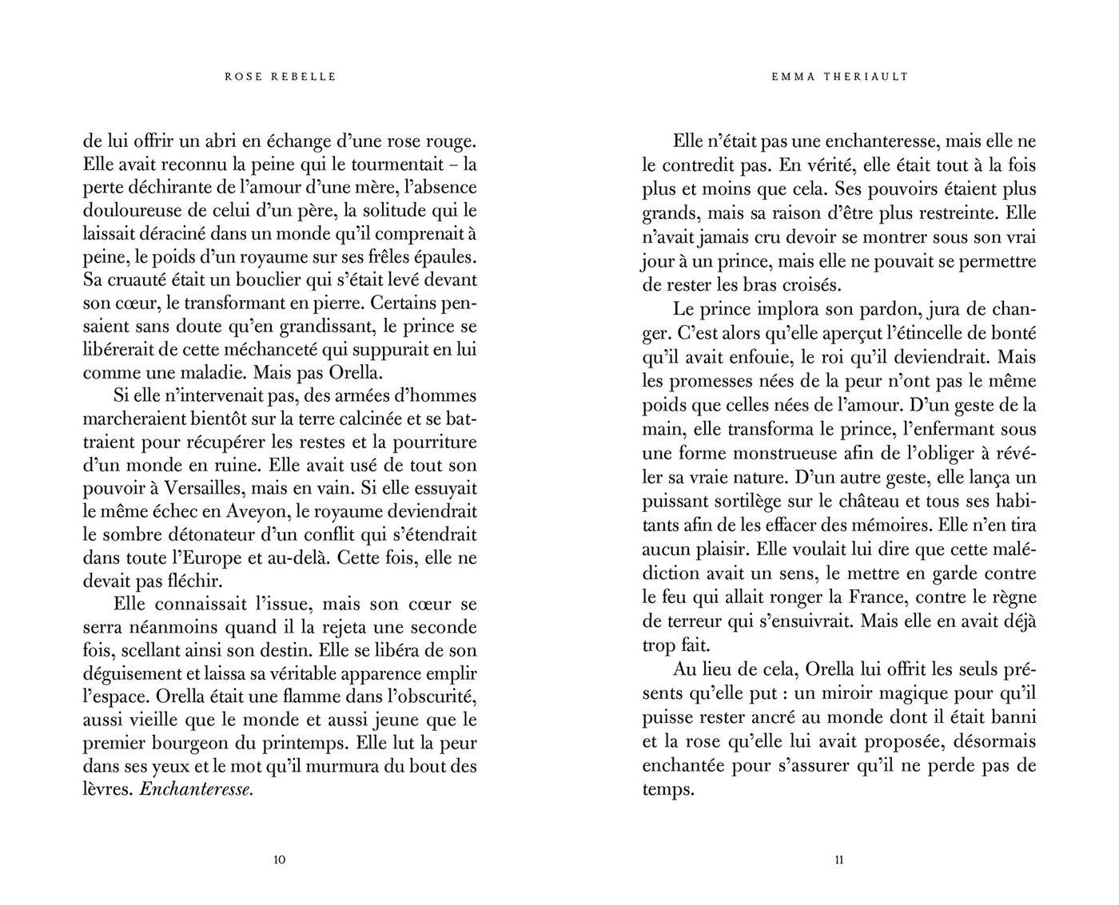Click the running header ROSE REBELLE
coord(281,77)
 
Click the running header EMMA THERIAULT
coord(840,77)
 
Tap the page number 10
coord(280,860)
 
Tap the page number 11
coord(839,860)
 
